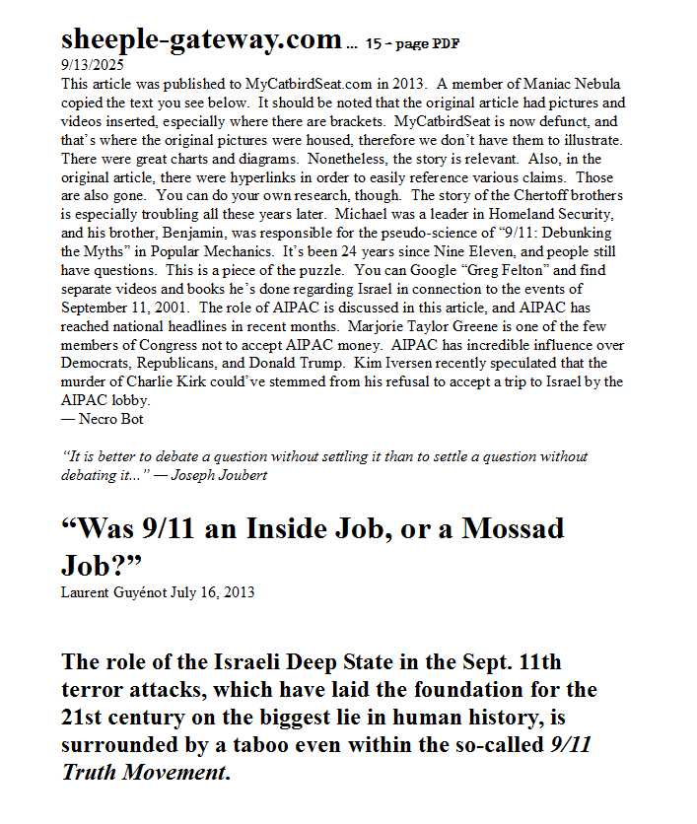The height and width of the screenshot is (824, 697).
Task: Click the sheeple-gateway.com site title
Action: (x=201, y=39)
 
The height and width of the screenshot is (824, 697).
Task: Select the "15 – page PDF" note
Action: (x=412, y=44)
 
